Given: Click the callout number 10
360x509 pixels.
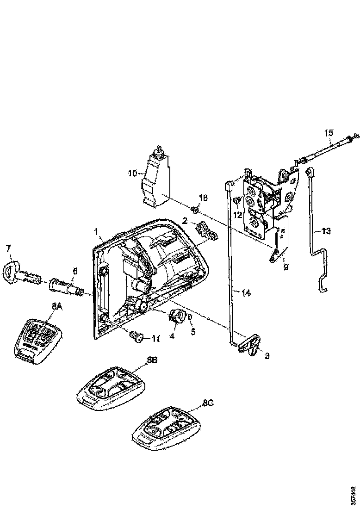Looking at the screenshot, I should (x=132, y=174).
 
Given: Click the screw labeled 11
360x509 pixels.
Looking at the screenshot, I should (x=137, y=337).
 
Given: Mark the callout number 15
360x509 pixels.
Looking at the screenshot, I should (x=328, y=133).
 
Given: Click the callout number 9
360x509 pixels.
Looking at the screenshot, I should (x=286, y=266).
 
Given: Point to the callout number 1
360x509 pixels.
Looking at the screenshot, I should (x=96, y=230).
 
